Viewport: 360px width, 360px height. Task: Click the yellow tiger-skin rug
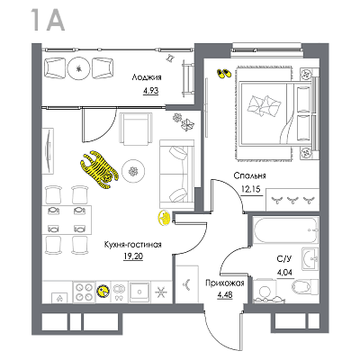(99, 170)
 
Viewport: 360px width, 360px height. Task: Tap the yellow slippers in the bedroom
(224, 74)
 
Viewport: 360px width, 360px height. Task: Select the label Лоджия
(147, 77)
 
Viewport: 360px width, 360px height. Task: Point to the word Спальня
(249, 175)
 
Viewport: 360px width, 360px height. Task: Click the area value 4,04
(284, 272)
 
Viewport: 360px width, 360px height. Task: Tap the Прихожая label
(225, 283)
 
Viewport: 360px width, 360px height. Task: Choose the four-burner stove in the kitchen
(84, 292)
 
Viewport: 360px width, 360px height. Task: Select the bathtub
(285, 229)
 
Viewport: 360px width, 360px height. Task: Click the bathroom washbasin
(310, 258)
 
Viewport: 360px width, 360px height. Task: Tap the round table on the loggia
(78, 68)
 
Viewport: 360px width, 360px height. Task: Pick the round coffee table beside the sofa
(134, 171)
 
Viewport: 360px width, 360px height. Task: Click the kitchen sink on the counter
(139, 292)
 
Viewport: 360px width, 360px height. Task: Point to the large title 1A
(48, 20)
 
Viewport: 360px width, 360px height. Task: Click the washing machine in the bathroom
(265, 292)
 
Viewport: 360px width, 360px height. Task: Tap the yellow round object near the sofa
(164, 218)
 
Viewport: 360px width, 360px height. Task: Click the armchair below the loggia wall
(136, 129)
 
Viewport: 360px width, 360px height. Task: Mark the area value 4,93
(150, 90)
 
